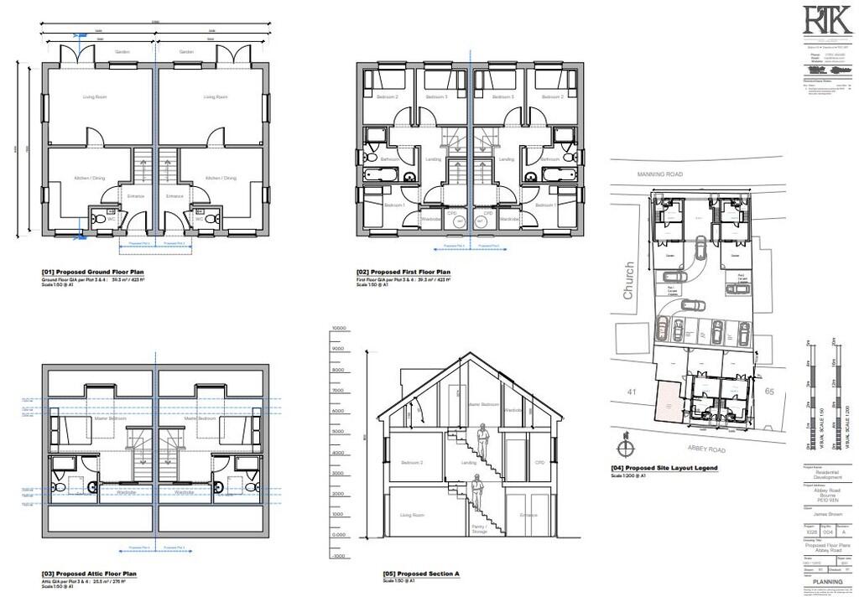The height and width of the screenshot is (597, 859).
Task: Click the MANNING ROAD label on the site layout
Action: [660, 174]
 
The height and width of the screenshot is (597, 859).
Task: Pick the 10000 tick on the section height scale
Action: [339, 328]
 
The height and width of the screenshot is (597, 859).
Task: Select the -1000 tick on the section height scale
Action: [339, 556]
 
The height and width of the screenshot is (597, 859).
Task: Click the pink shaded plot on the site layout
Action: [668, 401]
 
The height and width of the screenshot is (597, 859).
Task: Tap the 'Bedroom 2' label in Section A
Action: [410, 464]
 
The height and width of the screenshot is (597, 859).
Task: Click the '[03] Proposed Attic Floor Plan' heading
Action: [89, 574]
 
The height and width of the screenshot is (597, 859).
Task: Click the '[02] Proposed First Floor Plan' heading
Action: [403, 273]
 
